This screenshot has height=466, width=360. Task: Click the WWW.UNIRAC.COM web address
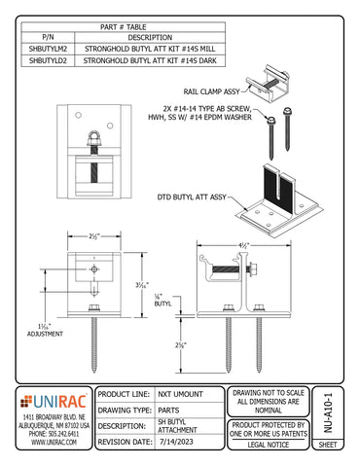pos(54,442)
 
